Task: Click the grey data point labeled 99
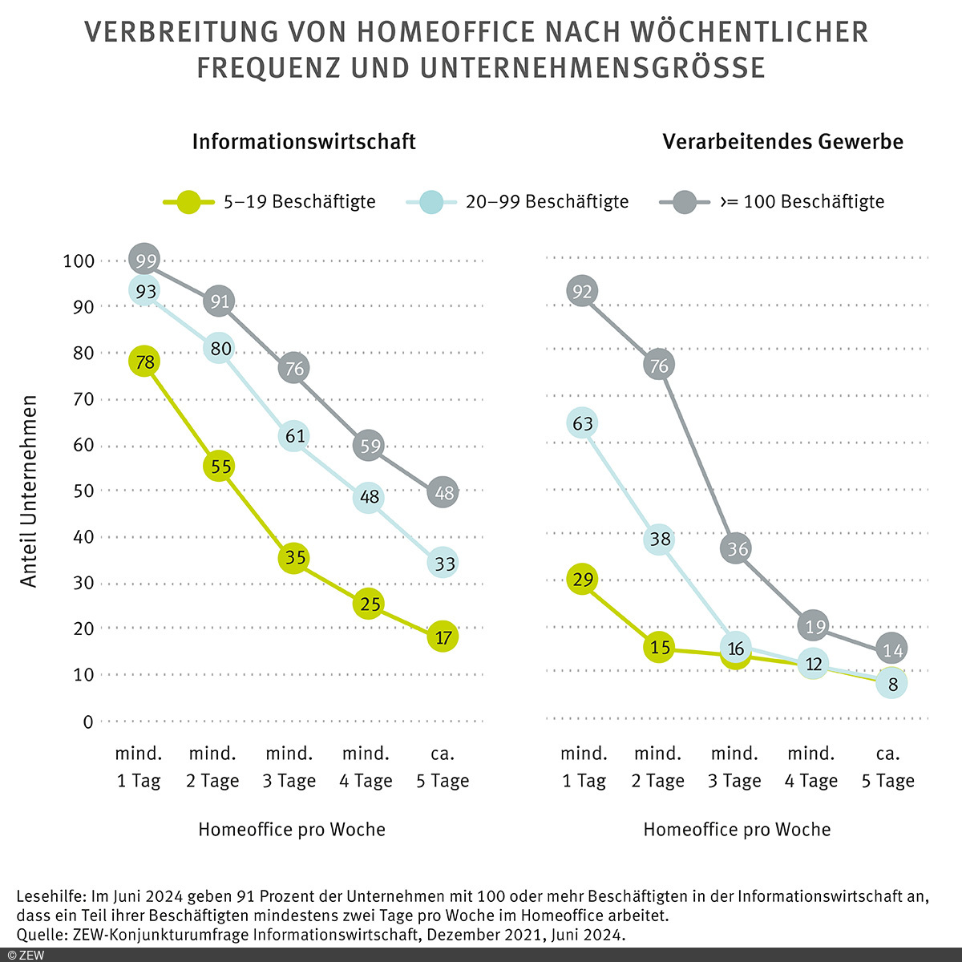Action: [x=145, y=259]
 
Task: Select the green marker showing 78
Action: [x=145, y=362]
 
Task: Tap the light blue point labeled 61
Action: [x=294, y=435]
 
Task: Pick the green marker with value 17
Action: [x=443, y=637]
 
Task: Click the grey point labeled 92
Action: [x=583, y=291]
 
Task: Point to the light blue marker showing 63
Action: [x=583, y=422]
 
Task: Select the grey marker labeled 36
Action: [x=735, y=548]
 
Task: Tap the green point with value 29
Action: [x=583, y=579]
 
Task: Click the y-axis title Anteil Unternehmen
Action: [x=30, y=491]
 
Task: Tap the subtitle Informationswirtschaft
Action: [x=304, y=142]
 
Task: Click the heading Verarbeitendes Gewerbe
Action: [x=782, y=142]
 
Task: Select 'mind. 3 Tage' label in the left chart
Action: [x=289, y=766]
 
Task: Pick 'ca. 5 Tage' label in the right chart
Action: [x=887, y=766]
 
